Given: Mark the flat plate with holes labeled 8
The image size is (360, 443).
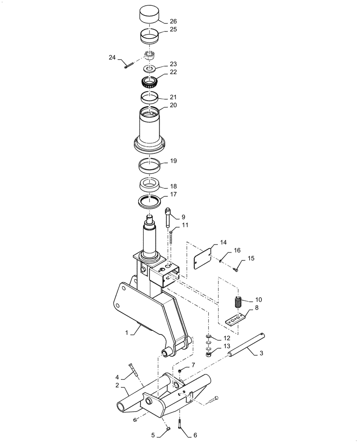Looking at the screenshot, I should pos(234,320).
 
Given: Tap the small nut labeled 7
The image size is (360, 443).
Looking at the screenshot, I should pos(180,370).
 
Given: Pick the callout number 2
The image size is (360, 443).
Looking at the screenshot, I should pos(117,385).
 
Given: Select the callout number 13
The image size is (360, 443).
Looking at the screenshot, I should pos(215,346).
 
